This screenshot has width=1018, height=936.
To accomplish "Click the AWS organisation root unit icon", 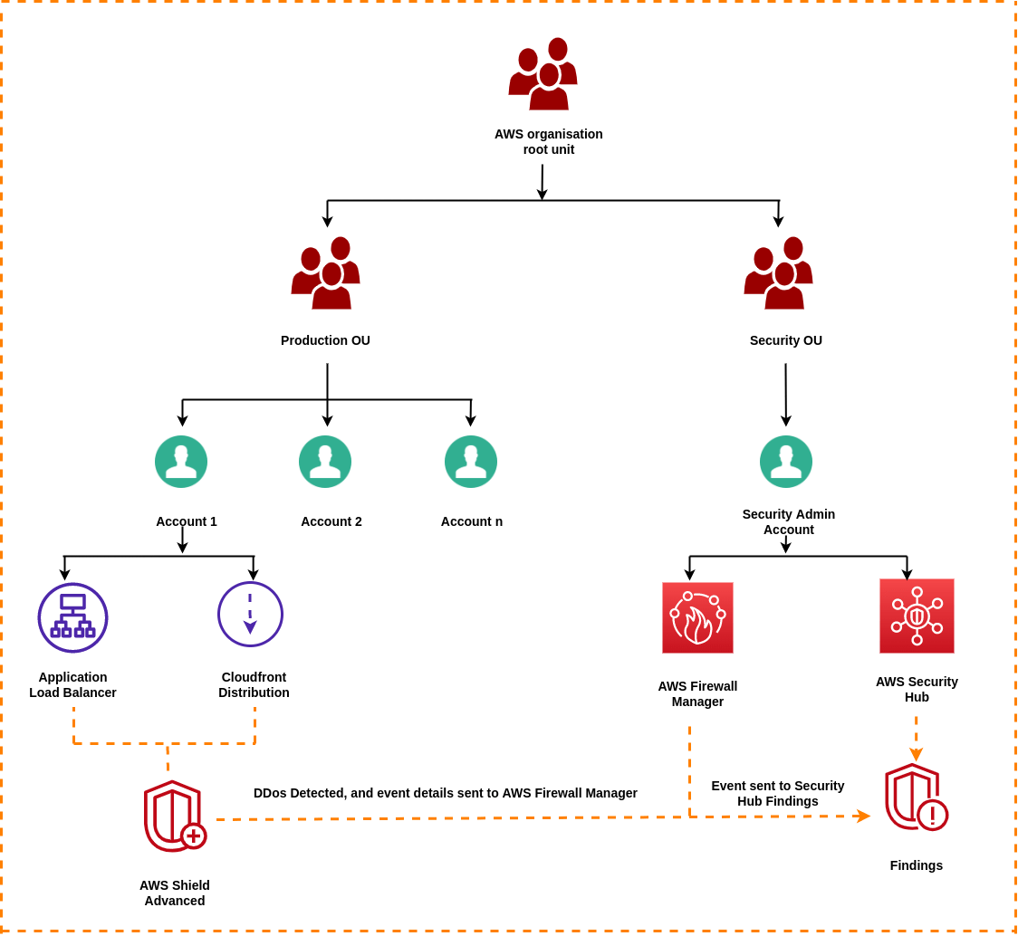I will pos(543,74).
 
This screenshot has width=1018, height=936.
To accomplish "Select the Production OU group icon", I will pos(326,273).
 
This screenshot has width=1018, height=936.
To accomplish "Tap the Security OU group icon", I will pos(779,273).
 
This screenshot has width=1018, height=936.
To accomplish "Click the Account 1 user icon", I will pos(181,462).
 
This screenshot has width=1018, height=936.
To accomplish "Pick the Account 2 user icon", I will pos(325,462).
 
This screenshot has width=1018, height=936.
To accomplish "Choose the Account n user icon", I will pos(471,462).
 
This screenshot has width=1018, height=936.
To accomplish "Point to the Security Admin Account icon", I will pos(786,462).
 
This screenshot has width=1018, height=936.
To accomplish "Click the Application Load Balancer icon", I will pos(72,616).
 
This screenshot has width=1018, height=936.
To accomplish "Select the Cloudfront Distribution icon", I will pos(251,615).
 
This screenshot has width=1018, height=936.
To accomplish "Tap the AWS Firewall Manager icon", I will pos(697,617).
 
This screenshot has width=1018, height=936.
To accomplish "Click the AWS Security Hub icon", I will pos(917,616).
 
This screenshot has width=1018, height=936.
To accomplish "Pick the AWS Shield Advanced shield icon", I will pos(174,817).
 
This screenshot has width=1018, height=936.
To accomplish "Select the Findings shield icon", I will pos(915,800).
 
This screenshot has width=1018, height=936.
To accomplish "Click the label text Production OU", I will pos(325,341).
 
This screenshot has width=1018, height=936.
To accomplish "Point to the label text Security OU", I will pos(786,341).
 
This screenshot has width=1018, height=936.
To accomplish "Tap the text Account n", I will pos(472,521).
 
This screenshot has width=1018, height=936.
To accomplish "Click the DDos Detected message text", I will pos(446,793).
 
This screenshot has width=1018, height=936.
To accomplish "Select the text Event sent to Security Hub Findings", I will pos(778,793).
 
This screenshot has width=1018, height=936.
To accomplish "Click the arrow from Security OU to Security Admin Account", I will pos(785,394).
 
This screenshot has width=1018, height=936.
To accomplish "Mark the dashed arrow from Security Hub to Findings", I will pos(917,739).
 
